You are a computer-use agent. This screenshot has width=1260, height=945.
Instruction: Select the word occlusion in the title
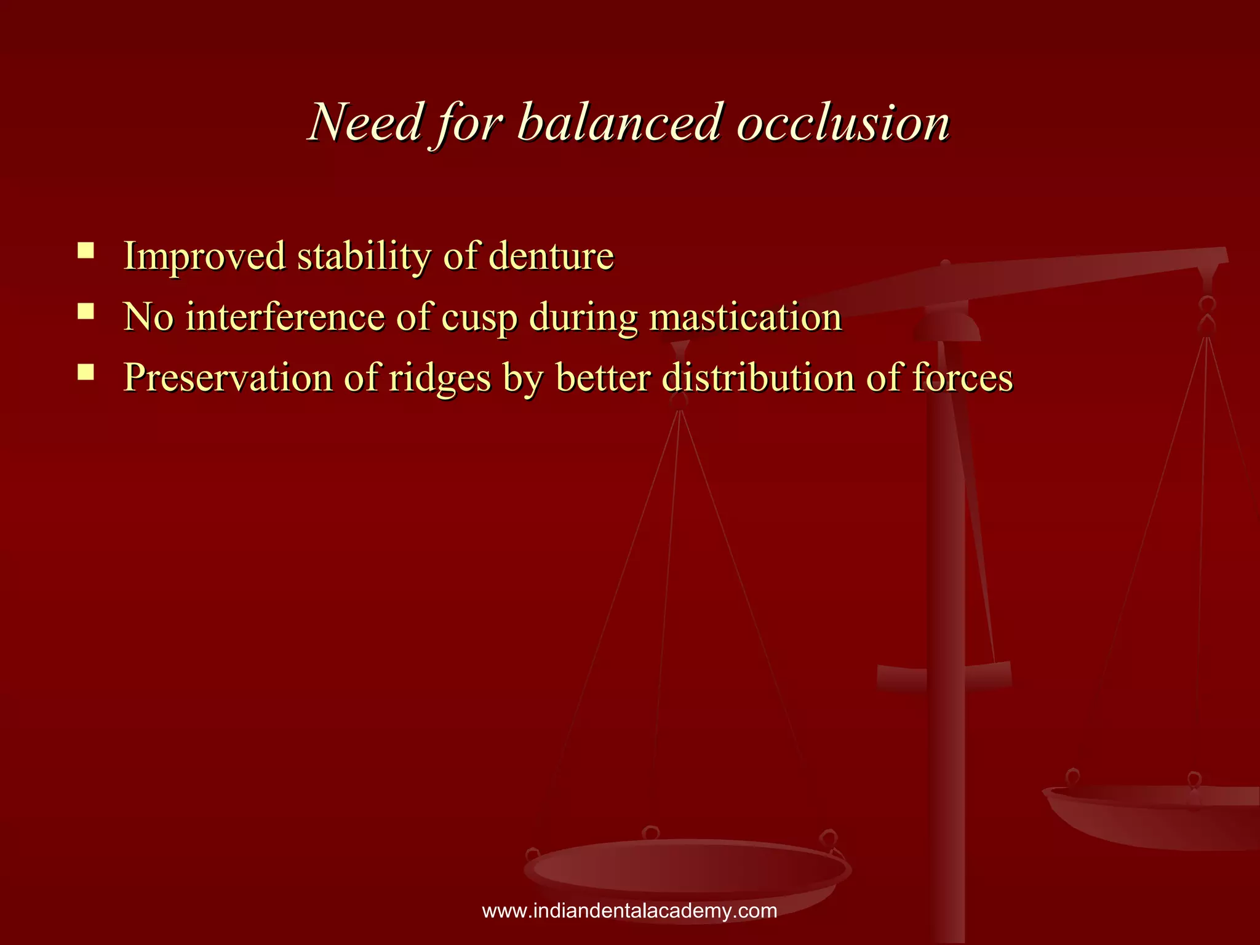(x=843, y=123)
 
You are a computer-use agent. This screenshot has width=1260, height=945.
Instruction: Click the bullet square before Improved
(x=86, y=250)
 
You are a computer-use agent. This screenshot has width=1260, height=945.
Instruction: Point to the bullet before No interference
(x=86, y=311)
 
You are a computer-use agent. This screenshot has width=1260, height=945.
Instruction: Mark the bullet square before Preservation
(x=86, y=372)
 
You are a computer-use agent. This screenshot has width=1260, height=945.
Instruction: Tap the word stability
(x=364, y=257)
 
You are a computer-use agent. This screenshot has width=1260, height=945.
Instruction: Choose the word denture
(x=551, y=256)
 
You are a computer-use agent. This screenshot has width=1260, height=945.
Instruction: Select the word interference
(x=285, y=317)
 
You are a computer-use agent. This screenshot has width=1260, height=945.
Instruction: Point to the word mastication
(x=746, y=317)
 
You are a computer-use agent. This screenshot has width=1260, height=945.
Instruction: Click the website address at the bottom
(x=629, y=911)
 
